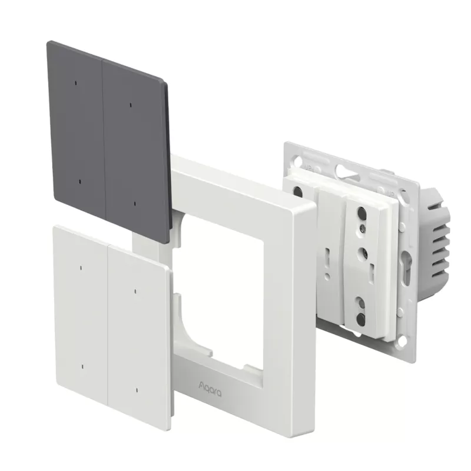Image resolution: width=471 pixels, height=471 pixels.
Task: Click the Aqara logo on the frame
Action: point(210,388)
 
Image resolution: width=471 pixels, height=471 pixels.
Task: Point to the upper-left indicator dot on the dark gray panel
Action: point(76,83)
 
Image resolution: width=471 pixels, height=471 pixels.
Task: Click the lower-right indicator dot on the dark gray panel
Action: point(135,204)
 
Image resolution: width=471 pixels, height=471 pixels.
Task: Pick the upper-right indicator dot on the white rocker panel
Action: point(135,291)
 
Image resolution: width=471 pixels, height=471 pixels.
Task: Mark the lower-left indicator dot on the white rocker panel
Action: point(82,366)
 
